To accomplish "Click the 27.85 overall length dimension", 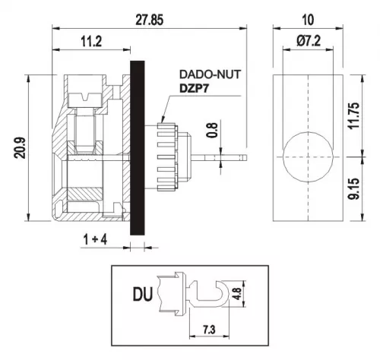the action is click(149, 20).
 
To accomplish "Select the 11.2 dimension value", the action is click(91, 42).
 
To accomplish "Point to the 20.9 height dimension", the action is click(20, 148).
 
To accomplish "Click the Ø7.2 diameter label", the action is click(309, 41).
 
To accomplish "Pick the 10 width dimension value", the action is click(308, 20).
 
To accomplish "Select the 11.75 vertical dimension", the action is click(353, 115).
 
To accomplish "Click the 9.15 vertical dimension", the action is click(353, 189).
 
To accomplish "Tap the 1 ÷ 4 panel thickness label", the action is click(95, 239).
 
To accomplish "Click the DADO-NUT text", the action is click(210, 74).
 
